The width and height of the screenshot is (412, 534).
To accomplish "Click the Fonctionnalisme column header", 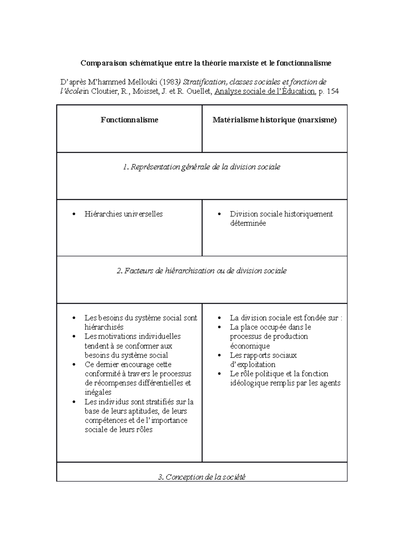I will (x=129, y=120).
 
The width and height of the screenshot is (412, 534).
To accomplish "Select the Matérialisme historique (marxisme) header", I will (x=274, y=120).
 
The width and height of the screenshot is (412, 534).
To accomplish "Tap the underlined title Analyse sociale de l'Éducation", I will (x=264, y=91).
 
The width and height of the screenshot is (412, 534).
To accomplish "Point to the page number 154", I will (x=333, y=91).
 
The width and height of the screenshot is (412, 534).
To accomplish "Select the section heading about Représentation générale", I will (x=202, y=167).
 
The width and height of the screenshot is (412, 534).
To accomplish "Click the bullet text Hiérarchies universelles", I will (x=123, y=214).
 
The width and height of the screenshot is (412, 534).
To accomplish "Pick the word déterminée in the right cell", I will (x=248, y=224).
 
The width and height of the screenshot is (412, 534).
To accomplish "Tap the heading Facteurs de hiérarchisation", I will (x=202, y=271).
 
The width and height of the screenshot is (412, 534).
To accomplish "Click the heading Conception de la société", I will (x=202, y=477).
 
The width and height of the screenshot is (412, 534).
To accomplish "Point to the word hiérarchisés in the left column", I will (x=104, y=327).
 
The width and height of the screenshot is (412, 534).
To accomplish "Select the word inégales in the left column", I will (x=98, y=392).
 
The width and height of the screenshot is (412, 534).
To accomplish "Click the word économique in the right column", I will (x=250, y=346).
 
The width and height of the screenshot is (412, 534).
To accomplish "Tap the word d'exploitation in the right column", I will (x=252, y=364).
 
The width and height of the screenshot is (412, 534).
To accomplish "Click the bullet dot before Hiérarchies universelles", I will (x=74, y=215).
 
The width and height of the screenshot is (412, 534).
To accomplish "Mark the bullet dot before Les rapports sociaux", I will (x=220, y=356).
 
